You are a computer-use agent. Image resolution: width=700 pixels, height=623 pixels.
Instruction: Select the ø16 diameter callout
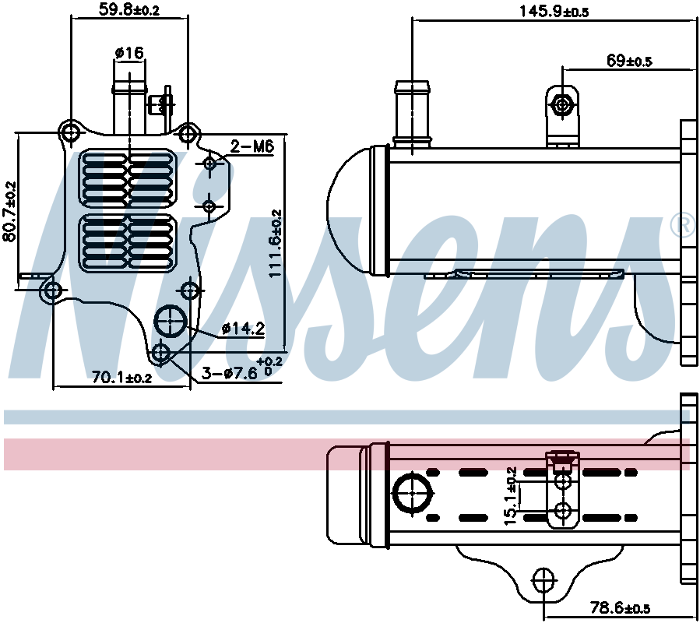tap(129, 53)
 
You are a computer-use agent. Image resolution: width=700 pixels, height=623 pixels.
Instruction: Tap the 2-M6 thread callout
tap(252, 146)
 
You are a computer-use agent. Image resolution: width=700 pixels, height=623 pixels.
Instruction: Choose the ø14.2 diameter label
tap(243, 329)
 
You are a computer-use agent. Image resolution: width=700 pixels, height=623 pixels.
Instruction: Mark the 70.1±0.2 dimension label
tap(121, 378)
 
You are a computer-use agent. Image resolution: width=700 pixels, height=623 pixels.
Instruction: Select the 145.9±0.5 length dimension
tap(554, 11)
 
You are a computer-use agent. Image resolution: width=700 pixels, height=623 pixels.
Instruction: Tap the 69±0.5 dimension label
tap(628, 60)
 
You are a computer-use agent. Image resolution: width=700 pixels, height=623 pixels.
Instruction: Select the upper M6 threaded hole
tap(209, 164)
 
